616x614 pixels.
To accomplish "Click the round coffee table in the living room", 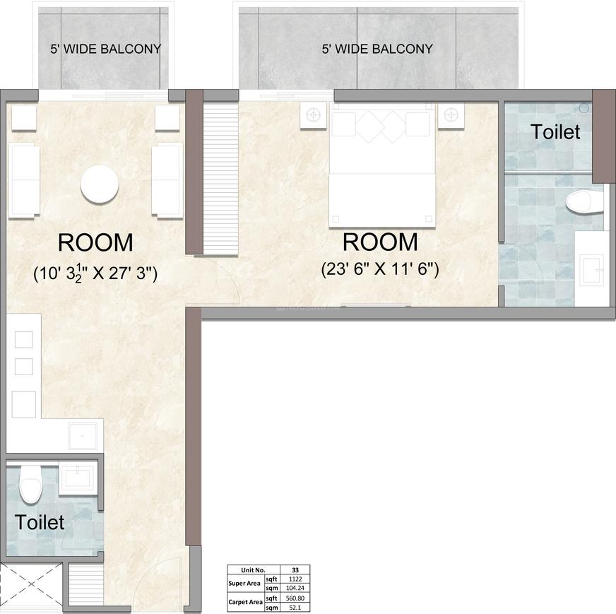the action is click(100, 184).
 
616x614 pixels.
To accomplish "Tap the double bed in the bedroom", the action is click(382, 165).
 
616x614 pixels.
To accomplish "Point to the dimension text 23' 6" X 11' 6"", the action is click(380, 269).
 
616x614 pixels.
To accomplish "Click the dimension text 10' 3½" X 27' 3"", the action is click(95, 273).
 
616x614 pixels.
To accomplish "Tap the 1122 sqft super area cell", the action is click(295, 579).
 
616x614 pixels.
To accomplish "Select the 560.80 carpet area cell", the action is click(295, 598).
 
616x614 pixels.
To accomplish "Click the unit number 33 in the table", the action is click(295, 570).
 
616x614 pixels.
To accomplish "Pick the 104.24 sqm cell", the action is click(295, 588).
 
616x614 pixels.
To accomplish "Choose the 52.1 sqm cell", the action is click(295, 608).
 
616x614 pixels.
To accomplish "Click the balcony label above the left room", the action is click(106, 49).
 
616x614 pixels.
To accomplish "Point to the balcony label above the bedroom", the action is click(377, 49).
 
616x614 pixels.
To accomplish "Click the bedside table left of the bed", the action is click(314, 115).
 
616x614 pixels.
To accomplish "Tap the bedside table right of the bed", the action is click(451, 115).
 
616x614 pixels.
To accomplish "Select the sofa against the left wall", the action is click(23, 182).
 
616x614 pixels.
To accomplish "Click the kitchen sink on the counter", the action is click(83, 436).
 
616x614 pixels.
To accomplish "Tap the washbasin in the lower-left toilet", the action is click(78, 478).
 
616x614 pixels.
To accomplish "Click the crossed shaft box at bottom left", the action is click(31, 586).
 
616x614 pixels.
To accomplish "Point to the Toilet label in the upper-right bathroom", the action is click(555, 131).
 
